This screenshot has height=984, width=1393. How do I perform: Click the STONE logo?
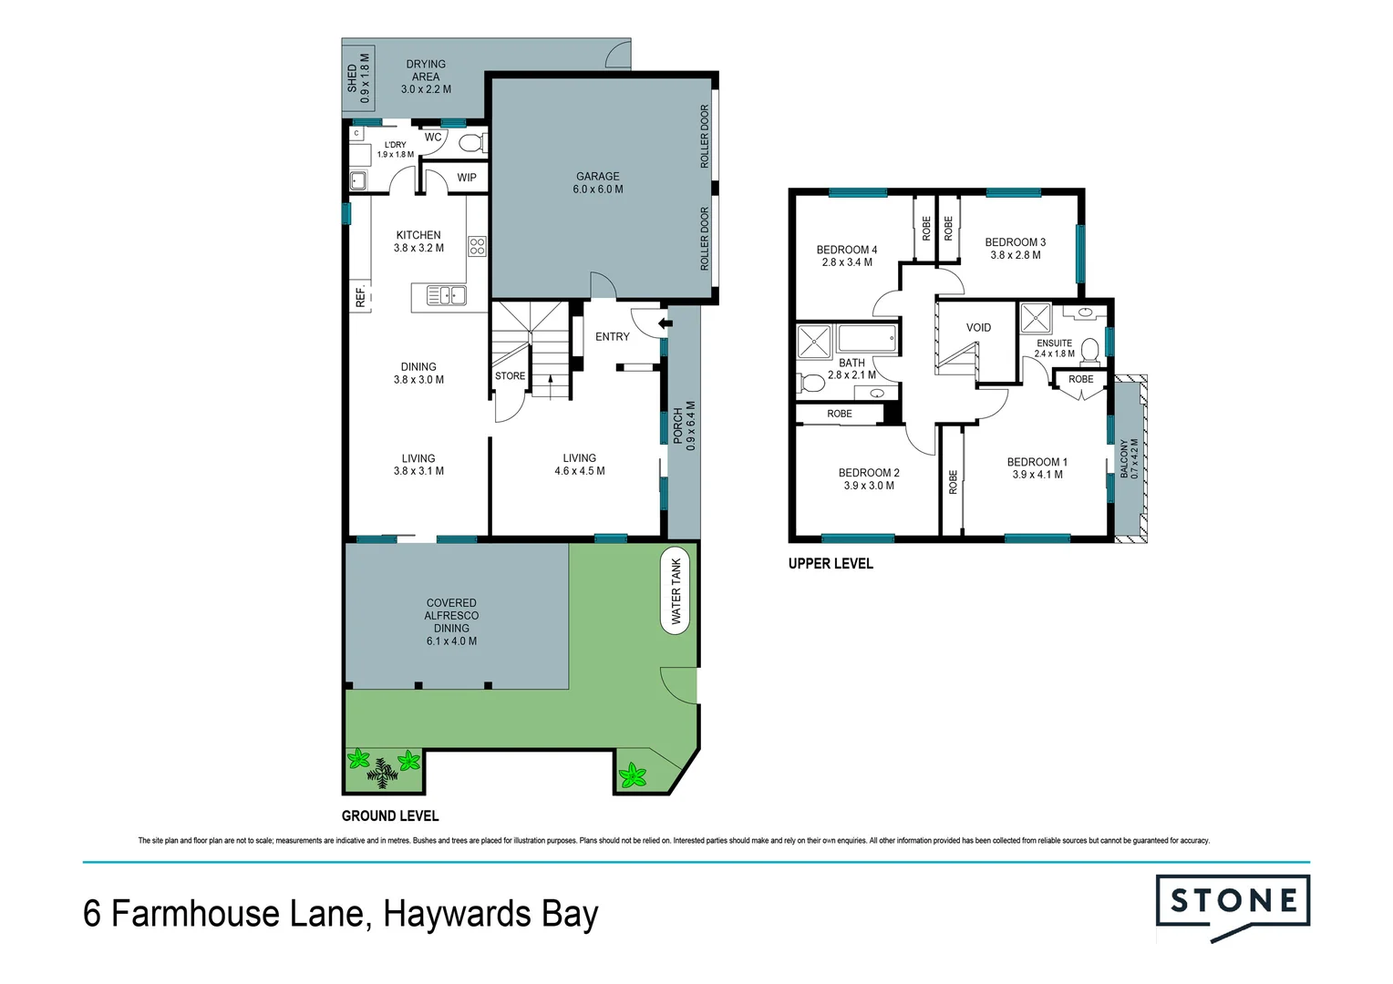(x=1233, y=902)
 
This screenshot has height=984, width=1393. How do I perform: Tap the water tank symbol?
(x=676, y=591)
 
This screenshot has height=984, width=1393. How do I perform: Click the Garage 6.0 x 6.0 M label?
(x=598, y=183)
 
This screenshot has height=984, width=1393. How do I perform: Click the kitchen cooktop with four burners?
(x=477, y=245)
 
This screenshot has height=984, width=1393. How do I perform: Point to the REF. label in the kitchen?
(x=360, y=296)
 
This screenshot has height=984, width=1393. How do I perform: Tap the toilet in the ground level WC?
(x=471, y=143)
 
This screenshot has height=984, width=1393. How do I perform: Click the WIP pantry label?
(x=467, y=178)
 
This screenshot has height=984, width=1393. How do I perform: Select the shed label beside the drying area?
(x=358, y=77)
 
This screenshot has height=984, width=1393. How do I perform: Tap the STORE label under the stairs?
(x=510, y=375)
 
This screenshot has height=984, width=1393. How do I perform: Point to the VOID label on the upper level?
(x=978, y=327)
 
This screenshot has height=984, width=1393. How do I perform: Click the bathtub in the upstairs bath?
(x=867, y=341)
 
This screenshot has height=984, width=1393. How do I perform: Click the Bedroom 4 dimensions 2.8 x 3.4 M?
(x=847, y=262)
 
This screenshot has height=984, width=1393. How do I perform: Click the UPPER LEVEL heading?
(x=831, y=564)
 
